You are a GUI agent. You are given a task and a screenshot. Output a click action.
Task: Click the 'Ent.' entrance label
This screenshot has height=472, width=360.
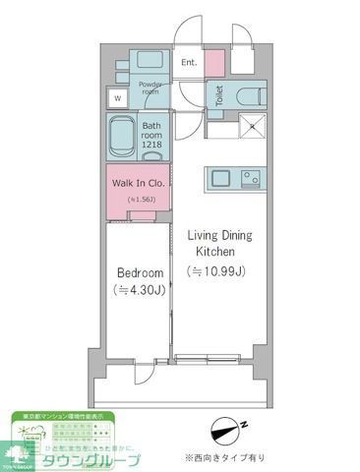pyautogui.click(x=189, y=63)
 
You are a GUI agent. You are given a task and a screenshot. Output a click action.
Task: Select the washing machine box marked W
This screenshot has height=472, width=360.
pyautogui.click(x=118, y=98)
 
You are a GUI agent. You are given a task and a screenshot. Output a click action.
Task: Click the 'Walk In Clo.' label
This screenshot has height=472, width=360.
pyautogui.click(x=137, y=183)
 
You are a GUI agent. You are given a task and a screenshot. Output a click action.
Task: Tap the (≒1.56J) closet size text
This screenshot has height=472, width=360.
pyautogui.click(x=138, y=200)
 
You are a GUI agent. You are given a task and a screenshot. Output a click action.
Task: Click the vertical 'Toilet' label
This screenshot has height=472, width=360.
pyautogui.click(x=218, y=95)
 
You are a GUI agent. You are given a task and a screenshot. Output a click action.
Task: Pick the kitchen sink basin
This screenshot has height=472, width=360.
pyautogui.click(x=218, y=179)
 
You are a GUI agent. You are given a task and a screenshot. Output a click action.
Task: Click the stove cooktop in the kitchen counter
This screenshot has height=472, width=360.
pyautogui.click(x=248, y=179)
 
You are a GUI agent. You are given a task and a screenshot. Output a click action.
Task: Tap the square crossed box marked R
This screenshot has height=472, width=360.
pyautogui.click(x=252, y=125)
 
